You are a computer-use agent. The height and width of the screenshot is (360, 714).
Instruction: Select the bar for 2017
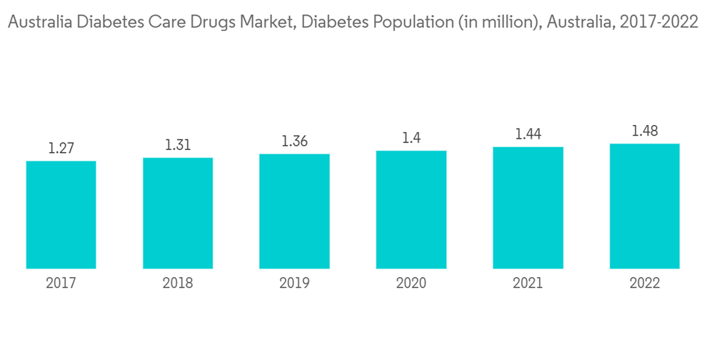coord(61,214)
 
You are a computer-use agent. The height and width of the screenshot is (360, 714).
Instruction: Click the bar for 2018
coord(178,213)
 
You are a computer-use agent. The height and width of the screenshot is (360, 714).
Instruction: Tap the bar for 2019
coord(294,211)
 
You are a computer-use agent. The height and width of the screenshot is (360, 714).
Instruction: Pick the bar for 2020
coord(411,209)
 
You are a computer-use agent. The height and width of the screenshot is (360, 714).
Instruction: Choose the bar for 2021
coord(528,208)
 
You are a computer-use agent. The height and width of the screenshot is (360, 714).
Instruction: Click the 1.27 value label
coord(61,149)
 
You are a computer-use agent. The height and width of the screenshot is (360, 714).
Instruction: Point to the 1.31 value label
coord(178,145)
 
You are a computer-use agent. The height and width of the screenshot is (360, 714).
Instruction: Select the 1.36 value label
coord(294,141)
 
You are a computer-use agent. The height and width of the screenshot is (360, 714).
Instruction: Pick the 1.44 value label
coord(528,134)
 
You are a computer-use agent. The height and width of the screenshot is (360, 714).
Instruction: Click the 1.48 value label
coord(645,131)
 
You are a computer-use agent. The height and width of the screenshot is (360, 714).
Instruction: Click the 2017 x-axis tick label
coord(61,284)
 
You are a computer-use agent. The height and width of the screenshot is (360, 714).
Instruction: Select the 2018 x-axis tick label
coord(178,284)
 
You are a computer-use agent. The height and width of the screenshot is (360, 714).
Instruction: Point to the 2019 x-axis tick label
coord(294,284)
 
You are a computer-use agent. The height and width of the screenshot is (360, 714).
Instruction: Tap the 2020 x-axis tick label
coord(411,284)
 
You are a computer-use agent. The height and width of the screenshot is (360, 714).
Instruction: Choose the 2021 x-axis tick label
coord(528,284)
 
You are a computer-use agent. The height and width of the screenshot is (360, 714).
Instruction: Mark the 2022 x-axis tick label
coord(645,284)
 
